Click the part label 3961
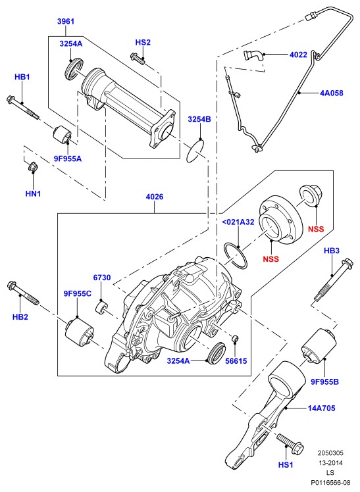pos(66,21)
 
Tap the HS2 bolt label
pos(143,42)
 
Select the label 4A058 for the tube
pos(332,93)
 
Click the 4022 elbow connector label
pos(298,55)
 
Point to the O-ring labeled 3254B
pos(195,151)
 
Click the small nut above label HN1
pos(33,166)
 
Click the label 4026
pos(155,197)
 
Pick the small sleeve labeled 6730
pos(102,307)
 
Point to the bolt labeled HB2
pos(22,293)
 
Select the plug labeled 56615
pos(235,339)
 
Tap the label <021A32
pos(238,222)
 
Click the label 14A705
pos(321,408)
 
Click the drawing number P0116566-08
pos(330,482)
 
